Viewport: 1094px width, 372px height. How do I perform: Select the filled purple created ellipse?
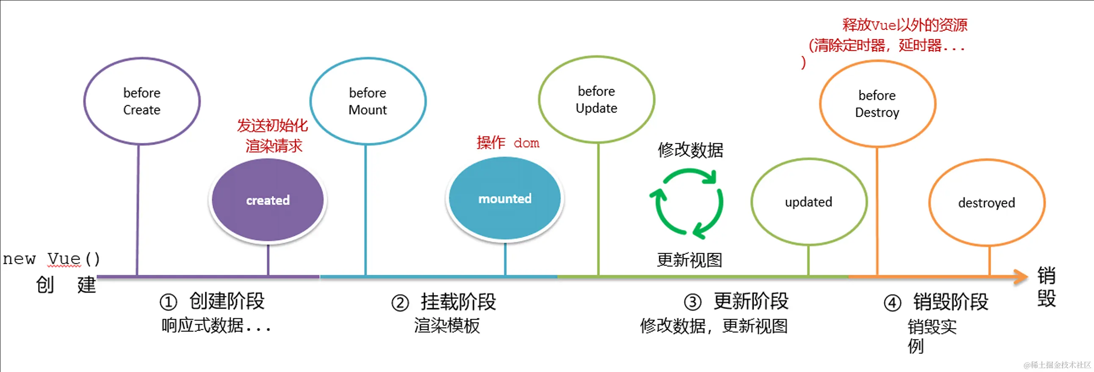point(268,200)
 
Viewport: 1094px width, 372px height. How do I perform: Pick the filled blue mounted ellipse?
point(505,199)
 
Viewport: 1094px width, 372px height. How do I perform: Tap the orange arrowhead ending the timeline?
point(1020,277)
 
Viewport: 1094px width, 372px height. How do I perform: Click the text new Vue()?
point(51,259)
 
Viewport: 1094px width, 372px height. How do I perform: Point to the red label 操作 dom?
point(508,143)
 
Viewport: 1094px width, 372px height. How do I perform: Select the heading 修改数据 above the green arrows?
point(691,150)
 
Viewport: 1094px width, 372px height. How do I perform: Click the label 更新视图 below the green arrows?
point(690,260)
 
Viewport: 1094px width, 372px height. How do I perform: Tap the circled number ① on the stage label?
point(168,302)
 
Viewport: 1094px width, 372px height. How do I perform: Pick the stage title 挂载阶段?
point(458,302)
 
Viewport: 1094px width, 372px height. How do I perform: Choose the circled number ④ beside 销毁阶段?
point(892,303)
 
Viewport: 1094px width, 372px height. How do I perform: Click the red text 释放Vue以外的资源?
point(905,25)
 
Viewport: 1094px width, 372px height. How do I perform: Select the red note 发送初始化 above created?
point(272,126)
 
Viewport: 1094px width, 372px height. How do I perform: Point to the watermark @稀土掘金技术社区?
point(1057,365)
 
